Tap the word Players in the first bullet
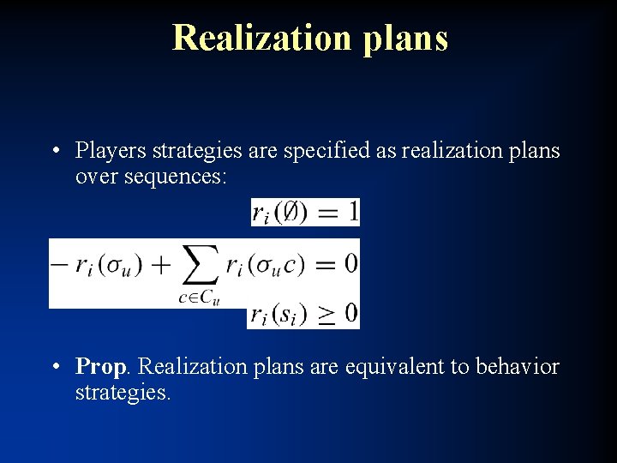click(x=111, y=151)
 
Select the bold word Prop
click(x=101, y=368)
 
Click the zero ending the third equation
click(x=350, y=314)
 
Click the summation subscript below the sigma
click(x=199, y=297)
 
